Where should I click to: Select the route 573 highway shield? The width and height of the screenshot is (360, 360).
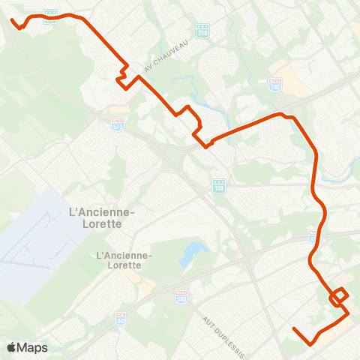pyautogui.click(x=117, y=121)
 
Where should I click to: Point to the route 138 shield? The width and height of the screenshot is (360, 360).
pyautogui.click(x=217, y=184)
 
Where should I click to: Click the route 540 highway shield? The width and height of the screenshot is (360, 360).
pyautogui.click(x=181, y=296)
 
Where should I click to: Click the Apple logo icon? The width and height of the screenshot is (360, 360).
pyautogui.click(x=11, y=347)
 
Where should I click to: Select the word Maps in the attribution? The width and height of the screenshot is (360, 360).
pyautogui.click(x=32, y=347)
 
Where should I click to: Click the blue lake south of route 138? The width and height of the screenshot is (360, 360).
pyautogui.click(x=191, y=253)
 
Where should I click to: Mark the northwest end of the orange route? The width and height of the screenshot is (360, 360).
pyautogui.click(x=13, y=19)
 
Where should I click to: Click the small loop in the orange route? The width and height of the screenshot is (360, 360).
pyautogui.click(x=339, y=295)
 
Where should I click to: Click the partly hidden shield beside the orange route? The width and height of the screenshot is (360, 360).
pyautogui.click(x=312, y=235)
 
